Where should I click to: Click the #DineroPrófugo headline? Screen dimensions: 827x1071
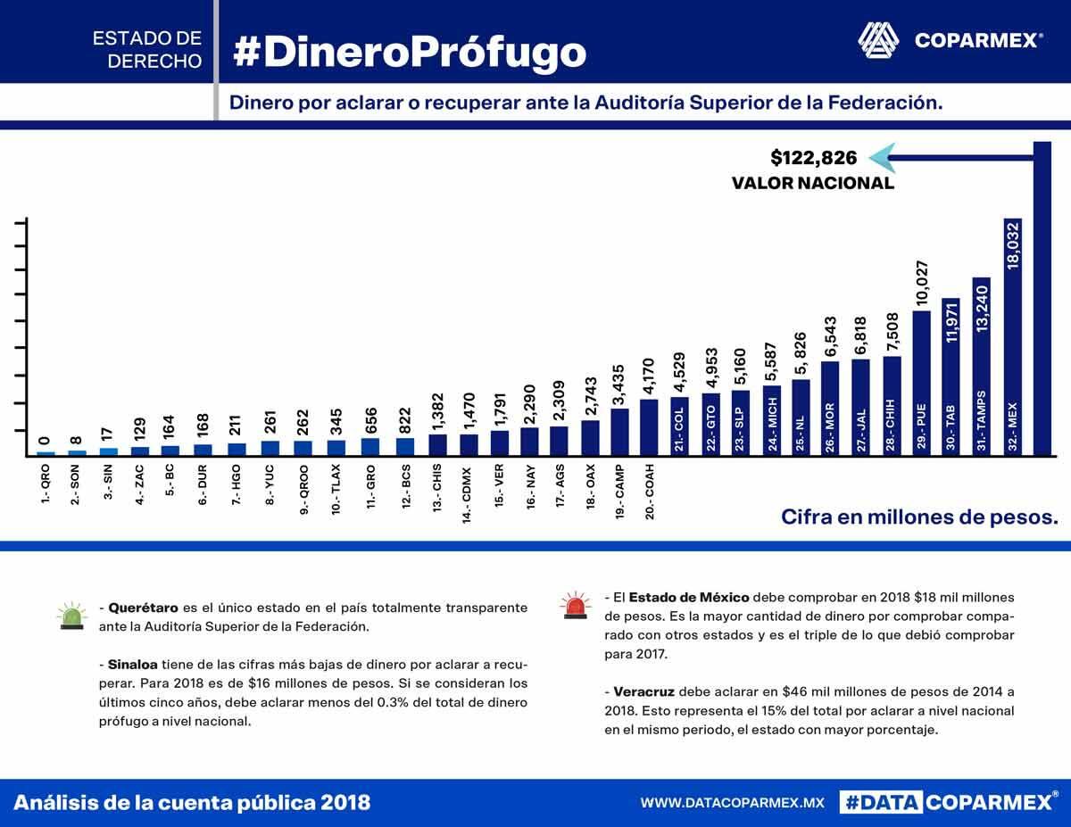coord(410,51)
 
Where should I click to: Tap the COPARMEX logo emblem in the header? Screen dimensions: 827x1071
coord(879,39)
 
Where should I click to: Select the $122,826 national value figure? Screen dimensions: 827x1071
coord(813,158)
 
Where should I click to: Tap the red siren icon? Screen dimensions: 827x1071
coord(574,606)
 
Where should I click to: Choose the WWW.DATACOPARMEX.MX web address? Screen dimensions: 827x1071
coord(732,803)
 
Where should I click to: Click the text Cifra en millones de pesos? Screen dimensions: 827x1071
coord(919,517)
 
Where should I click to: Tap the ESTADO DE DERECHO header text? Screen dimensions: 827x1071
coord(147,50)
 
